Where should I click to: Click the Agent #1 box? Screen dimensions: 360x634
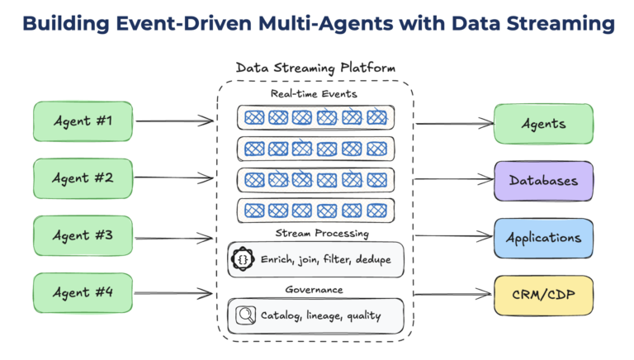pos(83,122)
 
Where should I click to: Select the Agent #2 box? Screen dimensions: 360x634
pos(83,178)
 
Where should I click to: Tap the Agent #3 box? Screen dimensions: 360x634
pos(83,235)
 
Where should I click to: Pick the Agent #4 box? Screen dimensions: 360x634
pos(83,292)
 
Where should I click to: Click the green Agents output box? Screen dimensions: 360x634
pos(542,124)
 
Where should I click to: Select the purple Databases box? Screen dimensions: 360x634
pos(542,181)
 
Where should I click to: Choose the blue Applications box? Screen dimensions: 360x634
pos(542,238)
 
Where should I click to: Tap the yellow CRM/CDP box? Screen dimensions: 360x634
pos(542,295)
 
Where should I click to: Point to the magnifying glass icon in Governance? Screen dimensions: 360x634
pos(245,315)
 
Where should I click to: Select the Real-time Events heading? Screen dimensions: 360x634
pos(316,94)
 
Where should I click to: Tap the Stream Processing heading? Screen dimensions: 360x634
pos(316,233)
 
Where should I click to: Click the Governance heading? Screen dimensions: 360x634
pos(316,290)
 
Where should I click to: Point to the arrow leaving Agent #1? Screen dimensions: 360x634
pos(173,122)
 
